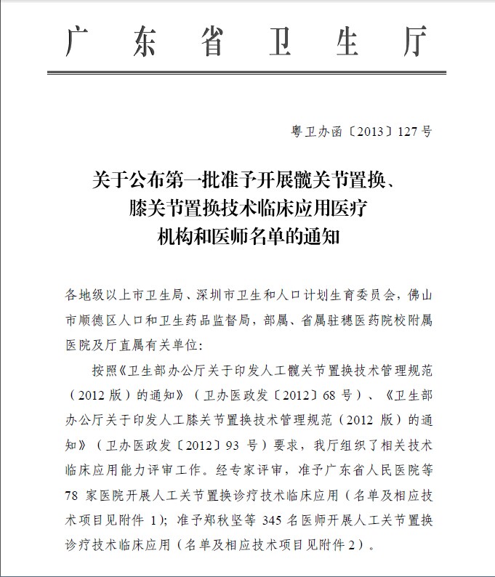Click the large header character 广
coord(81,44)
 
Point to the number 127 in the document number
coord(409,132)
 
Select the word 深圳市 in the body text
coord(217,295)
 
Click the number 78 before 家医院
coord(73,496)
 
